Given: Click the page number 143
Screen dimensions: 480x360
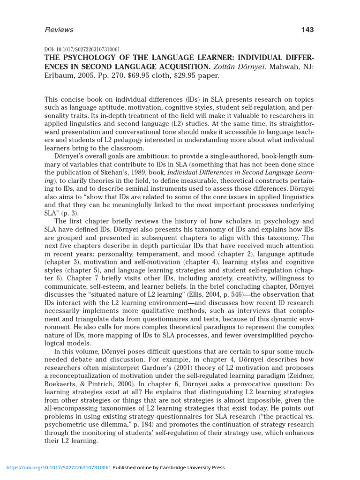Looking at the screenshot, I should coord(307,30).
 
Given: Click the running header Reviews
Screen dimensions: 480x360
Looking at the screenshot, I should coord(59,30).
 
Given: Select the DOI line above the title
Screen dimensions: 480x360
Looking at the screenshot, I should coord(82,49).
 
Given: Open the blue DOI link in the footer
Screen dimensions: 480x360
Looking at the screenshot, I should coord(59,467).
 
